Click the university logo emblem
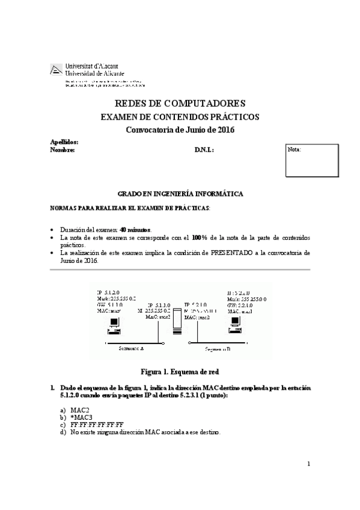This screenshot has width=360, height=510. (56, 69)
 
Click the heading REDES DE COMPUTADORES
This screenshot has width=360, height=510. (179, 103)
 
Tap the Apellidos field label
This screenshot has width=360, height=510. (64, 141)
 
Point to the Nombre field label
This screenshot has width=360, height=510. (63, 150)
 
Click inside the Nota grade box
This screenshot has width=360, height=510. (311, 162)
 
